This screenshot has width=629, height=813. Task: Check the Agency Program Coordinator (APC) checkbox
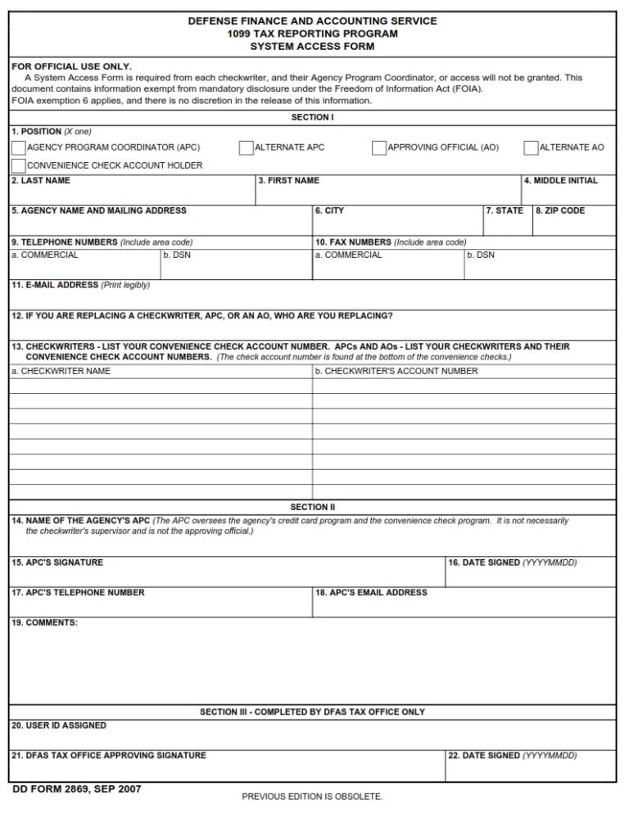pyautogui.click(x=18, y=148)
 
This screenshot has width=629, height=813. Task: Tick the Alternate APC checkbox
pyautogui.click(x=246, y=148)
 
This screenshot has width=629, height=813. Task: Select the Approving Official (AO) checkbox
pyautogui.click(x=378, y=148)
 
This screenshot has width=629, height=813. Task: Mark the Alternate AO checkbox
pyautogui.click(x=531, y=148)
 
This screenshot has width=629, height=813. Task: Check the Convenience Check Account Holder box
pyautogui.click(x=18, y=166)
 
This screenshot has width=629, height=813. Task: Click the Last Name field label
pyautogui.click(x=40, y=181)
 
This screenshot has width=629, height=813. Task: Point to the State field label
pyautogui.click(x=505, y=211)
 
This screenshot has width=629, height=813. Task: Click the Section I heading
pyautogui.click(x=312, y=118)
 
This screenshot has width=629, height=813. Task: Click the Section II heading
pyautogui.click(x=312, y=508)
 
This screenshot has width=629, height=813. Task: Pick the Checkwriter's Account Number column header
pyautogui.click(x=396, y=372)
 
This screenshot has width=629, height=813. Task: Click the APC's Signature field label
pyautogui.click(x=57, y=563)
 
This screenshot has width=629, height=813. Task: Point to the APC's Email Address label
pyautogui.click(x=371, y=593)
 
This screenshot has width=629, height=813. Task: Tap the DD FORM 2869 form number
pyautogui.click(x=76, y=789)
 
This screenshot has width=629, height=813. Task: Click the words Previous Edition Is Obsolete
pyautogui.click(x=312, y=797)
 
